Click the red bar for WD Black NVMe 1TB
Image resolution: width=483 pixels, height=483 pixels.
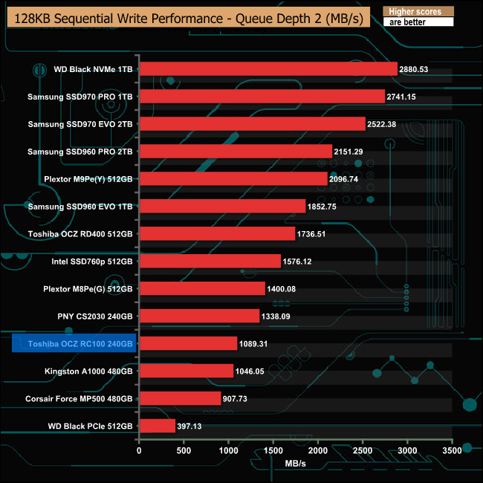(x=268, y=69)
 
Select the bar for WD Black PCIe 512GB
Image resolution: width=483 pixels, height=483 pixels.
(x=157, y=426)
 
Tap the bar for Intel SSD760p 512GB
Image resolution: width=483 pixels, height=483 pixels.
(x=210, y=261)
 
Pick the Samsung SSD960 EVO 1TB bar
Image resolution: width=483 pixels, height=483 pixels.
(x=222, y=206)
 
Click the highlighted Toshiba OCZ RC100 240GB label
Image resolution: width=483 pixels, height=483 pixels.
(x=75, y=343)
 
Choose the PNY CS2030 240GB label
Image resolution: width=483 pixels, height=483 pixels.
(x=96, y=316)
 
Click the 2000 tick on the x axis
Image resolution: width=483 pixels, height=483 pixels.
(x=318, y=451)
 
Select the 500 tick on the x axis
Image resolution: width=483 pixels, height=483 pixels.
(x=184, y=451)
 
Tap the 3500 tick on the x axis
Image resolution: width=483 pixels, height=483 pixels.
(x=452, y=451)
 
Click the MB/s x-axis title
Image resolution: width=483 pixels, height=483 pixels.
(x=295, y=464)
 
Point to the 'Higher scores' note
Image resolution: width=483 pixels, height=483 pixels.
(x=415, y=12)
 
